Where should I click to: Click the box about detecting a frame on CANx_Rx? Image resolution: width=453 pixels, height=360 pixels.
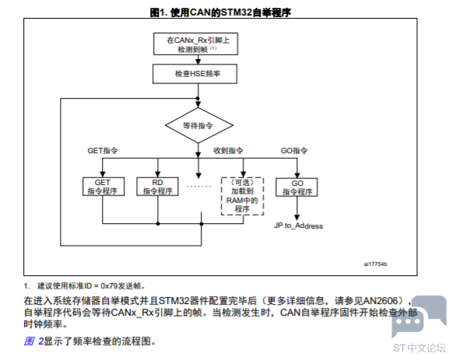pos(195,44)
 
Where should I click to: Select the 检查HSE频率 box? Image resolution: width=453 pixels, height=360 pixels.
pos(195,74)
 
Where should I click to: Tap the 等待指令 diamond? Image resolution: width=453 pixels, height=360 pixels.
pos(199,125)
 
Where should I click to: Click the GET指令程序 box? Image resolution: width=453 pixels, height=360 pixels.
pos(104,187)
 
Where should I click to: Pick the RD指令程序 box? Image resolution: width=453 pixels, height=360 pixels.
pos(157,187)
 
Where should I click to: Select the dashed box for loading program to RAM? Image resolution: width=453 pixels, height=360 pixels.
pos(242,196)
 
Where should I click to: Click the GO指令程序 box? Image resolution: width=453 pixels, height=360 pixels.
pos(297,187)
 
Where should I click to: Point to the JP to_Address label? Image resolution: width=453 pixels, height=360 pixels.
pos(298,225)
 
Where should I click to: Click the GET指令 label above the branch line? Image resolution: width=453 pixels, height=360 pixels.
pos(103,151)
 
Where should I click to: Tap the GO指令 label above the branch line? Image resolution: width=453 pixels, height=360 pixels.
pos(294,151)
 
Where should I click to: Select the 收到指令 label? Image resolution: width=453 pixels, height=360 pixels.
pos(228,151)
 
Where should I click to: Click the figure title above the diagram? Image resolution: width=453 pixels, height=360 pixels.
pos(220,12)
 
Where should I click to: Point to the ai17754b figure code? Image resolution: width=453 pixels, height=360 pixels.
pos(375,264)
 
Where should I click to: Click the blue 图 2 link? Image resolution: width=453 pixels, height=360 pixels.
pos(33,341)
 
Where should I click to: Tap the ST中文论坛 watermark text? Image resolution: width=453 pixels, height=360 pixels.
pos(420,348)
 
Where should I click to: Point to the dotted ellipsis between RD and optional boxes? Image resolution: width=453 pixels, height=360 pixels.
pos(198,187)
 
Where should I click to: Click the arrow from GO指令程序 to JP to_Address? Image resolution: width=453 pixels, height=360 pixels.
pos(297,208)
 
